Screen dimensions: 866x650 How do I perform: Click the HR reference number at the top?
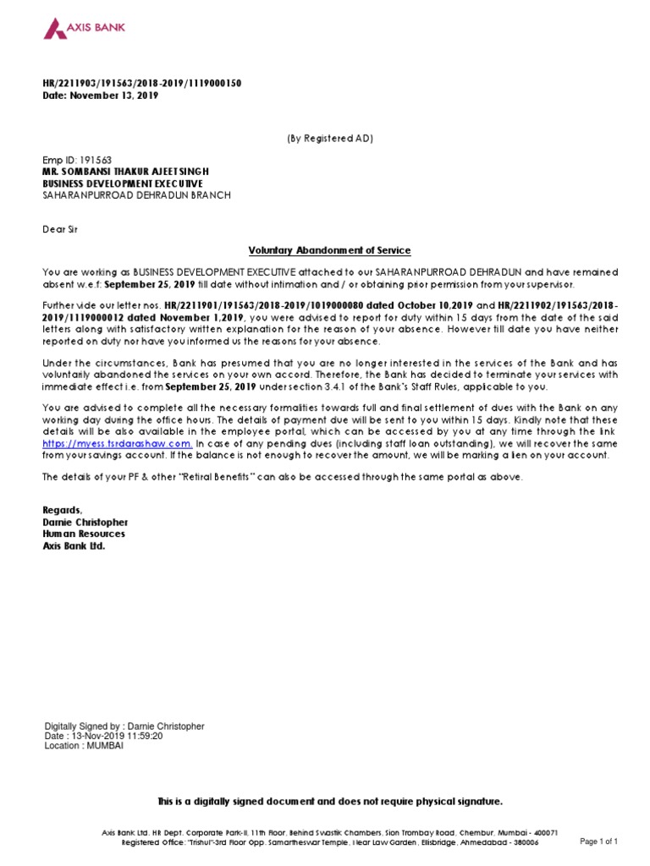pos(141,83)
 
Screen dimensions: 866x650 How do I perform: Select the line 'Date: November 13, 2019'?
pos(100,96)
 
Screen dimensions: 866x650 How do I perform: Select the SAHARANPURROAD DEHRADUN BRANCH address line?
pos(136,195)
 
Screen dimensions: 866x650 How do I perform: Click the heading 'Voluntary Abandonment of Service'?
pos(329,250)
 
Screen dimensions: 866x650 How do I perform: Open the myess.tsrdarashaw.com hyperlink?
pos(118,443)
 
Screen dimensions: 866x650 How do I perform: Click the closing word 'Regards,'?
pos(63,510)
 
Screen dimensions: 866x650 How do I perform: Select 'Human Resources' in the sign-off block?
pos(84,534)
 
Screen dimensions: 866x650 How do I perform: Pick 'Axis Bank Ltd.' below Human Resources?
pos(74,545)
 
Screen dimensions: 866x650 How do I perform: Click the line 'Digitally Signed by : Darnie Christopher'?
pos(124,726)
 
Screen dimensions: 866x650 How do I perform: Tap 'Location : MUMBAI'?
pos(84,746)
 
